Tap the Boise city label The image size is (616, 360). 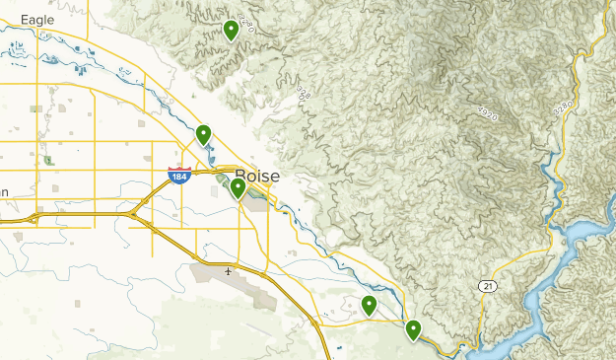pos(257,175)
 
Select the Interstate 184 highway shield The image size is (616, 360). pos(178,176)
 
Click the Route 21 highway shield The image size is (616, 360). pos(487,286)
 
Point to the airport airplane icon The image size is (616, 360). pos(229,270)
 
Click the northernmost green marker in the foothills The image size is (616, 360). pos(231,31)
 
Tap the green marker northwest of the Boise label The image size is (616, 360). pos(204,134)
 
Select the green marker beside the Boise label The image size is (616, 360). pos(238,187)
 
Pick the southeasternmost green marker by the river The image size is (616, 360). pos(413,329)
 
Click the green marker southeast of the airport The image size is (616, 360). pos(370,305)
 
